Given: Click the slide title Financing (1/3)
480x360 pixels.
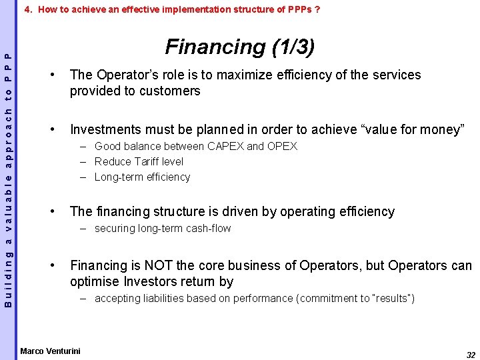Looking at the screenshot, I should [x=240, y=47].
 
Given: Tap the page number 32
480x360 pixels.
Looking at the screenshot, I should [x=471, y=355].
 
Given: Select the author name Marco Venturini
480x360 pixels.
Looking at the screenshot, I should [x=50, y=351].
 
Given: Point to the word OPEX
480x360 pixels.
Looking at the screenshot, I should [x=282, y=146].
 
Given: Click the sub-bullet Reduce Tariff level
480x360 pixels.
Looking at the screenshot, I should [x=139, y=161].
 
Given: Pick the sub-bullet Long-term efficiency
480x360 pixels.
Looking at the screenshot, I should [x=142, y=177].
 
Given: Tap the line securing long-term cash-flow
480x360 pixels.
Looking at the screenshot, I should [x=163, y=228].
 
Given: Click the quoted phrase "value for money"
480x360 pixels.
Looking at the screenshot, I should [x=421, y=129].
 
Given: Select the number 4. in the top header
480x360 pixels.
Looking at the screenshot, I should [x=28, y=10].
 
